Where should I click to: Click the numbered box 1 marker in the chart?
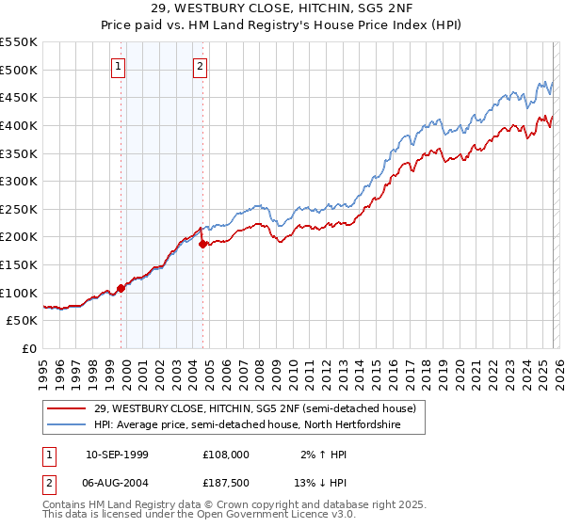pyautogui.click(x=119, y=66)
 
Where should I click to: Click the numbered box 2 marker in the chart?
pyautogui.click(x=202, y=66)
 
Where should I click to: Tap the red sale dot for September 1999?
pyautogui.click(x=121, y=288)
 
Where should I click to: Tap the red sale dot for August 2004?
pyautogui.click(x=202, y=244)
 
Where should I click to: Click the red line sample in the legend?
pyautogui.click(x=67, y=407)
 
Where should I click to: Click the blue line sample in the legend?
pyautogui.click(x=67, y=425)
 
